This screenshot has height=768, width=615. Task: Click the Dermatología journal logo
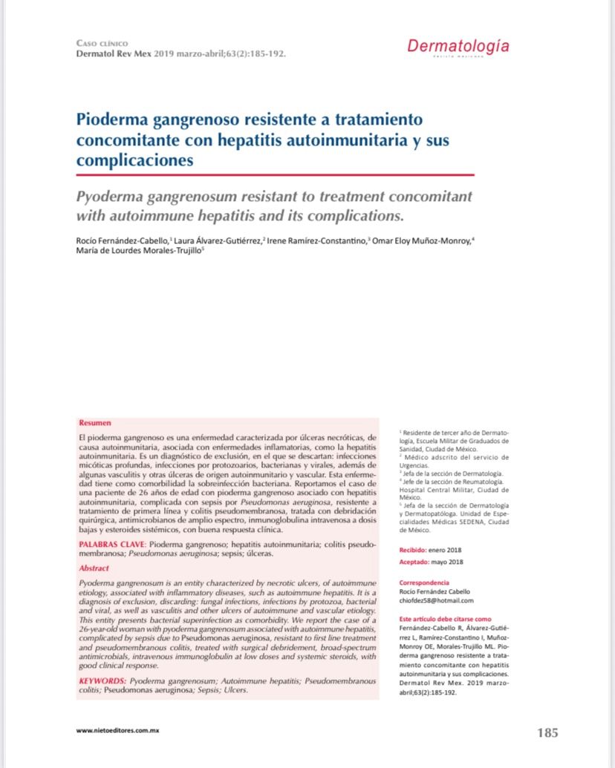[x=458, y=46]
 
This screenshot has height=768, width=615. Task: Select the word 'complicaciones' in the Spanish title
[x=134, y=160]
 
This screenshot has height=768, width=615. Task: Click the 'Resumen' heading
[x=92, y=421]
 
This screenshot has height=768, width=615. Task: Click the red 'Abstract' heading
[x=94, y=568]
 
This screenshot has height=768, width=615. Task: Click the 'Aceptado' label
[x=414, y=562]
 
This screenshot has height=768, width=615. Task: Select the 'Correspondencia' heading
[x=424, y=582]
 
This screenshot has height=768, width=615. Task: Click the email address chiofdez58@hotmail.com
[x=436, y=600]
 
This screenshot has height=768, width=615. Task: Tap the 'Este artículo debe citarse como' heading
[x=445, y=618]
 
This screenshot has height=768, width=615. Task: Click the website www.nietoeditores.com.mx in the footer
[x=118, y=730]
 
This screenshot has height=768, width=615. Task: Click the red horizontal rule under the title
[x=275, y=174]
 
